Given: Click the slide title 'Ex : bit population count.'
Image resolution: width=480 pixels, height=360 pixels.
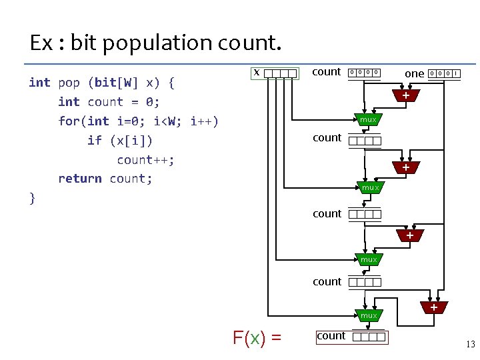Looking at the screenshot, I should point(156,43).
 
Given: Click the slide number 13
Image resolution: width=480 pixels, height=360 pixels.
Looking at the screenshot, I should point(471,345).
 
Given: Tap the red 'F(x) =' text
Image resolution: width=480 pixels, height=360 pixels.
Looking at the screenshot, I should point(257,338).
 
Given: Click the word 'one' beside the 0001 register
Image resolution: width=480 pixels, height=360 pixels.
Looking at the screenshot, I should point(415,73).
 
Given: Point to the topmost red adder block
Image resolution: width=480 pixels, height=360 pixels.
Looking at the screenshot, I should point(406,97).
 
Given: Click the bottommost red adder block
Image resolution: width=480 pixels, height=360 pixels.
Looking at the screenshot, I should point(433,307).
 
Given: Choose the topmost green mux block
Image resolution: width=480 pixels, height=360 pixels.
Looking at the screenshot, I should point(368,120).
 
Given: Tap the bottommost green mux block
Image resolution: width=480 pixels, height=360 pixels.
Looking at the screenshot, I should point(369,315).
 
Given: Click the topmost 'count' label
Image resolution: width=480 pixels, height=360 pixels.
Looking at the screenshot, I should point(327,72).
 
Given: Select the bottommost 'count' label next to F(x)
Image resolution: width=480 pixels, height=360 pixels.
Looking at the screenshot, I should point(331,336).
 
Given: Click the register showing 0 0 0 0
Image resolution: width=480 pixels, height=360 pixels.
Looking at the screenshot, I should point(365,73).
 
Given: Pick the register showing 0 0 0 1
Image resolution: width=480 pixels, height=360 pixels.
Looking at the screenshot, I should point(444,73).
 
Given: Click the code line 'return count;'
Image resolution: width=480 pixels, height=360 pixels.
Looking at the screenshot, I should point(105,179).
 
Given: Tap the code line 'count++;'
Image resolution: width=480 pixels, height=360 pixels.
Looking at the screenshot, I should point(145,159).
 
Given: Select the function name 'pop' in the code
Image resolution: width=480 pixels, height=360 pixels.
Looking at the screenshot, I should point(69,83).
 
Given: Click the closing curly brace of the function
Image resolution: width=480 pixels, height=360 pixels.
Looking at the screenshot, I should point(32,197).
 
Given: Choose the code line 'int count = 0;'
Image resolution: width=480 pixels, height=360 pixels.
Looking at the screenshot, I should point(109,102).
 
